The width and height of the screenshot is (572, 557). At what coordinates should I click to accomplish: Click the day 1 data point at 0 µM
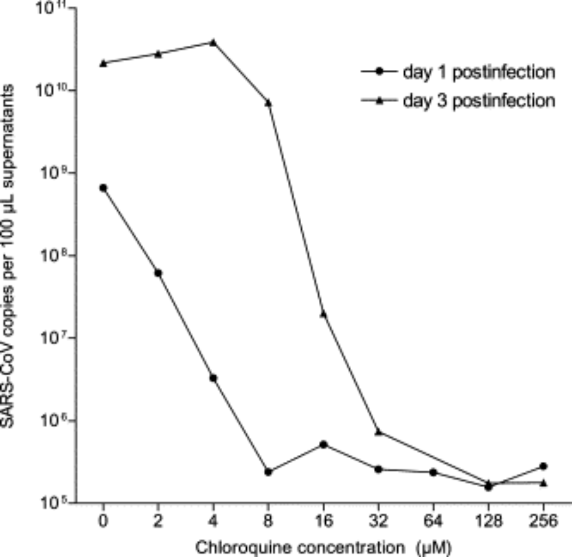pyautogui.click(x=103, y=188)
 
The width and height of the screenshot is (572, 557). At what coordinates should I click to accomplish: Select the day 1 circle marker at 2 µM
pyautogui.click(x=158, y=273)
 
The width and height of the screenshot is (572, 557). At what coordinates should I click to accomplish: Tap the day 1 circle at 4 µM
pyautogui.click(x=213, y=378)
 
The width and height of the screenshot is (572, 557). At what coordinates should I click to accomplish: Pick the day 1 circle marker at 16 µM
pyautogui.click(x=323, y=444)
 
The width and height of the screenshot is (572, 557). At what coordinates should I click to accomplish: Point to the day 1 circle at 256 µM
pyautogui.click(x=543, y=466)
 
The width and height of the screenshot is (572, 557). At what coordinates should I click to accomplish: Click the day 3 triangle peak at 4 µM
pyautogui.click(x=213, y=42)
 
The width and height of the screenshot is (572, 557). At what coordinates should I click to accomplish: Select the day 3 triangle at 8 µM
pyautogui.click(x=268, y=103)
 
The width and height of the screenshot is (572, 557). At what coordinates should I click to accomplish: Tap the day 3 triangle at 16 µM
pyautogui.click(x=323, y=313)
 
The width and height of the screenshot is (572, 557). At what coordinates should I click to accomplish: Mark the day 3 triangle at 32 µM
pyautogui.click(x=378, y=431)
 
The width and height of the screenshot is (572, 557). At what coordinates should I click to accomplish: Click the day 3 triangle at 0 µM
pyautogui.click(x=103, y=63)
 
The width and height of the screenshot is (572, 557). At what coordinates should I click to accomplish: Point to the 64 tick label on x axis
pyautogui.click(x=433, y=521)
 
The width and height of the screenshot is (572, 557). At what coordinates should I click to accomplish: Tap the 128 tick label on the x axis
pyautogui.click(x=488, y=521)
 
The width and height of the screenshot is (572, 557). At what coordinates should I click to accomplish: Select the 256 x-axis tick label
pyautogui.click(x=543, y=521)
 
